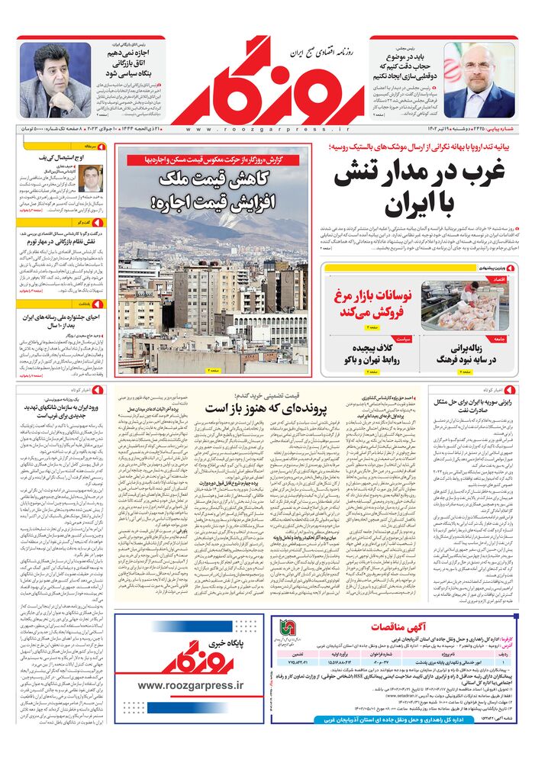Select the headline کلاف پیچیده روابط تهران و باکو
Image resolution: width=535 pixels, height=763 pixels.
(374, 353)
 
